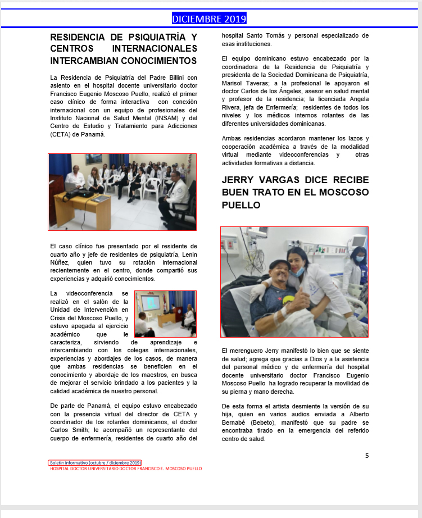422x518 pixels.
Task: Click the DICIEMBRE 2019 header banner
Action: click(209, 19)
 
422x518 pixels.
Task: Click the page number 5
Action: click(367, 455)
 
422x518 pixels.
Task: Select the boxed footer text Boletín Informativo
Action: click(95, 462)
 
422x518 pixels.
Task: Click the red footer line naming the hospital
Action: click(126, 468)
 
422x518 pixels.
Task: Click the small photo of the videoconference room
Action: click(165, 313)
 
